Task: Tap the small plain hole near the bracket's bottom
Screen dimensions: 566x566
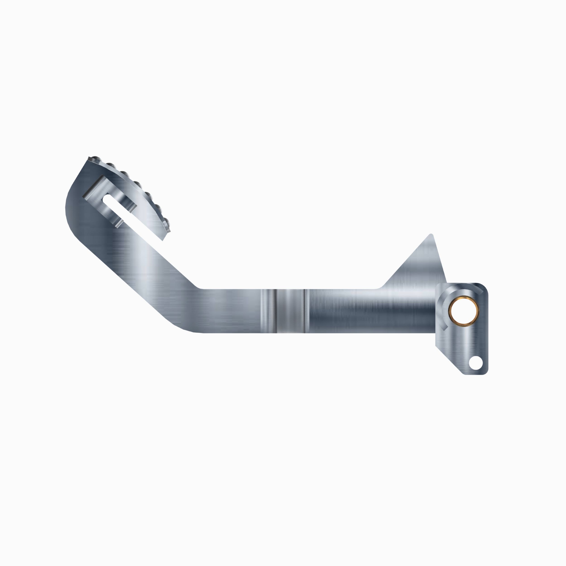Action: [x=475, y=363]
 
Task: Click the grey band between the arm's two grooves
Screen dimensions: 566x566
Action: [x=290, y=311]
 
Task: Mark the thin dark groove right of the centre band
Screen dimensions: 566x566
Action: [x=306, y=311]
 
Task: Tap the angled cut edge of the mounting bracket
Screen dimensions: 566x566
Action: [x=448, y=360]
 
